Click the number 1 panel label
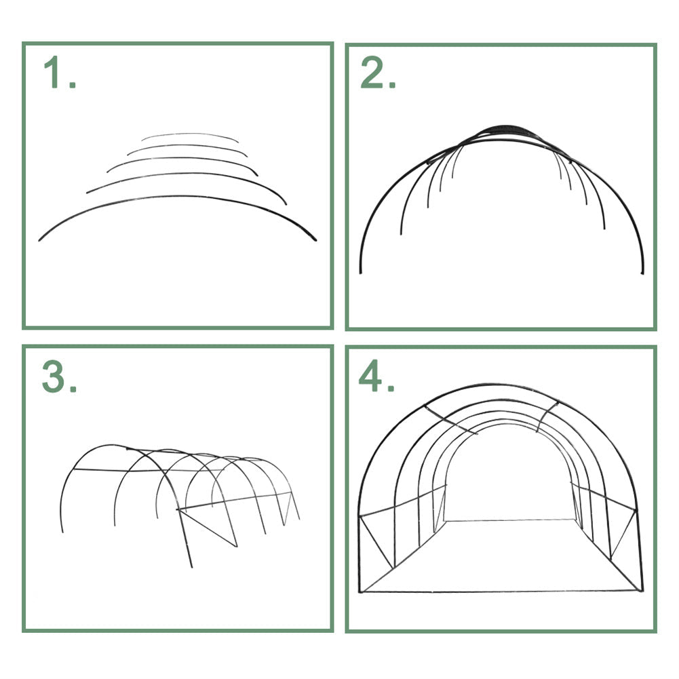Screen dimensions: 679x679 [x=60, y=73]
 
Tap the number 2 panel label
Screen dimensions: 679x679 [x=378, y=73]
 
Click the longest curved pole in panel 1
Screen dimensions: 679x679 [x=178, y=197]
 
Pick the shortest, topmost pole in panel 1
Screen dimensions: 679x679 [x=190, y=134]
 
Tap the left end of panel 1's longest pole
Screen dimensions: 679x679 [x=39, y=240]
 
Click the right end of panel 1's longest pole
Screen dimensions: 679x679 [x=315, y=240]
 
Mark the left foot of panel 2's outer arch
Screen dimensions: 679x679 [x=361, y=273]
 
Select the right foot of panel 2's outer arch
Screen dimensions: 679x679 [x=642, y=273]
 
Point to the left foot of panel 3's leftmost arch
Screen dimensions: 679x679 [x=63, y=532]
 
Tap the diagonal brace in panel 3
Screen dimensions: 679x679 [x=208, y=528]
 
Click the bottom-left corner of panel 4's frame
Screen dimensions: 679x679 [x=361, y=591]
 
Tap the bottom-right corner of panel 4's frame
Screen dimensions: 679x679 [x=642, y=590]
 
